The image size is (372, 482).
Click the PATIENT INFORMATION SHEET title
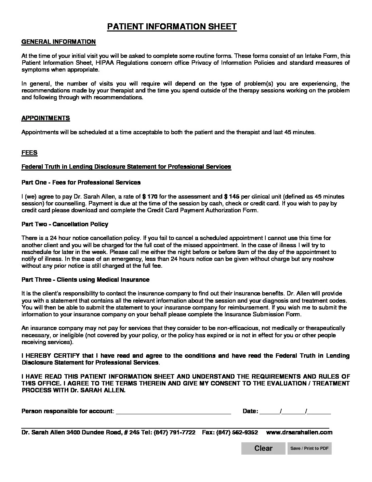[172, 27]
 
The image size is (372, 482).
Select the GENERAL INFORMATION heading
[58, 42]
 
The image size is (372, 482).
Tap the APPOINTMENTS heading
[45, 118]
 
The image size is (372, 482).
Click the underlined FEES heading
[29, 153]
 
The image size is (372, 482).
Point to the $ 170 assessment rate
[150, 196]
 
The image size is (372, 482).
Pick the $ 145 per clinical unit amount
[231, 196]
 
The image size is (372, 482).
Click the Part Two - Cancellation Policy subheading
[65, 224]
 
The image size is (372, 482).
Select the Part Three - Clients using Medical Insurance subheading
[85, 280]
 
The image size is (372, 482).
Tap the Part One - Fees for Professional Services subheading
[81, 182]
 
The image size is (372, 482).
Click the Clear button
[263, 448]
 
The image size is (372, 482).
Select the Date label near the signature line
[250, 411]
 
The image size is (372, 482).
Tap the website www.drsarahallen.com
[299, 432]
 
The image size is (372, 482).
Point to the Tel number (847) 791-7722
[174, 432]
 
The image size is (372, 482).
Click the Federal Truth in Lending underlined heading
[126, 167]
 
